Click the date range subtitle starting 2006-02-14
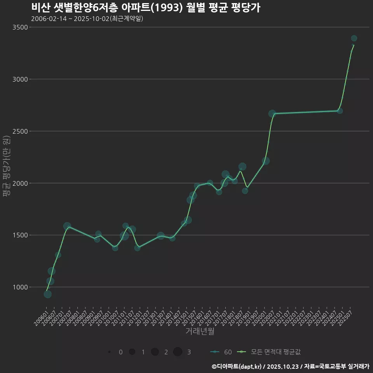point(87,19)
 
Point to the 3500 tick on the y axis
point(20,27)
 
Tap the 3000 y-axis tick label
point(20,79)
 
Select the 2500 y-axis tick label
point(20,131)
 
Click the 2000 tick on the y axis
point(20,183)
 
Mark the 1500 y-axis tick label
point(20,235)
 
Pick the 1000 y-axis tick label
point(20,288)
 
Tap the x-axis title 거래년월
point(200,331)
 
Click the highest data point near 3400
point(354,38)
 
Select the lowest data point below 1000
point(47,294)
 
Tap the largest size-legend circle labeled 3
point(178,352)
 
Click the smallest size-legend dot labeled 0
point(110,352)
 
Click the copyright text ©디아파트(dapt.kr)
point(237,366)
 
